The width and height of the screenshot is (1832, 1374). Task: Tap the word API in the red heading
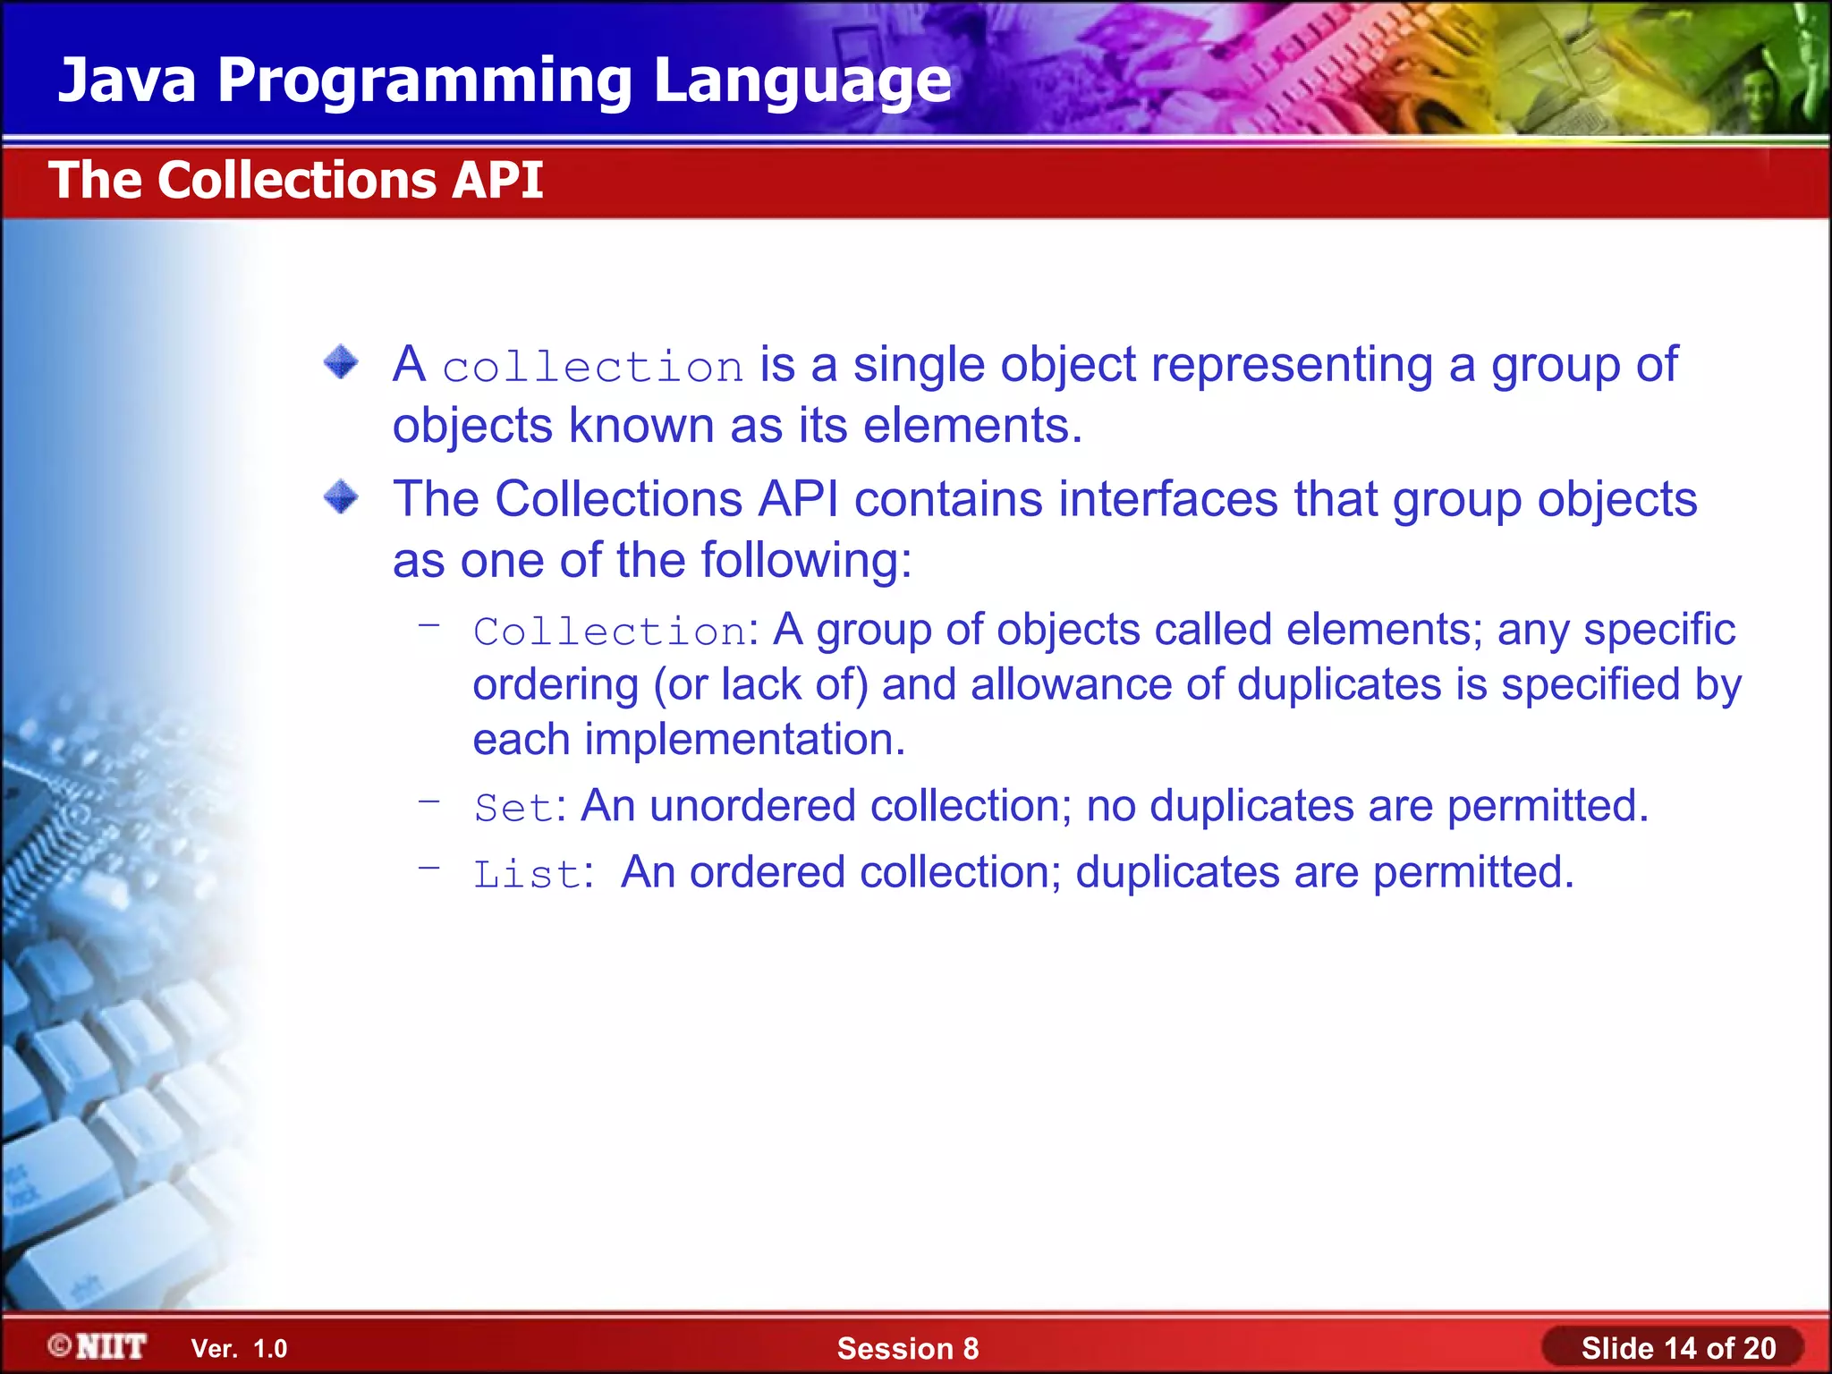(x=497, y=181)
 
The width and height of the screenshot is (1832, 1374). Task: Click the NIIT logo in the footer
(x=98, y=1346)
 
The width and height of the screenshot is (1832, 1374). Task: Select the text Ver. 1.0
(x=239, y=1348)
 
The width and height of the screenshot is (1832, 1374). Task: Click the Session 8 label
(x=907, y=1348)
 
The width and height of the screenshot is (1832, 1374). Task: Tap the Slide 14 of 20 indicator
(x=1677, y=1348)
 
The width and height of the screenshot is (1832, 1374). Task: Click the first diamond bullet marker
(x=341, y=363)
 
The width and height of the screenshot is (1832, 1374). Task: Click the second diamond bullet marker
(x=341, y=497)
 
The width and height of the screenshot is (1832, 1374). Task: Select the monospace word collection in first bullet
(x=592, y=368)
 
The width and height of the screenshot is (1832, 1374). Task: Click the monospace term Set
(x=513, y=808)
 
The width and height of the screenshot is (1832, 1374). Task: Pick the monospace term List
(x=527, y=874)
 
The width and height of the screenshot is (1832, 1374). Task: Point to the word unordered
(x=752, y=806)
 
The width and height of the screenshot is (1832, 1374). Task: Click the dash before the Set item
(x=429, y=801)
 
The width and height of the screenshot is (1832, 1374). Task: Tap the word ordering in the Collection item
(x=555, y=686)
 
